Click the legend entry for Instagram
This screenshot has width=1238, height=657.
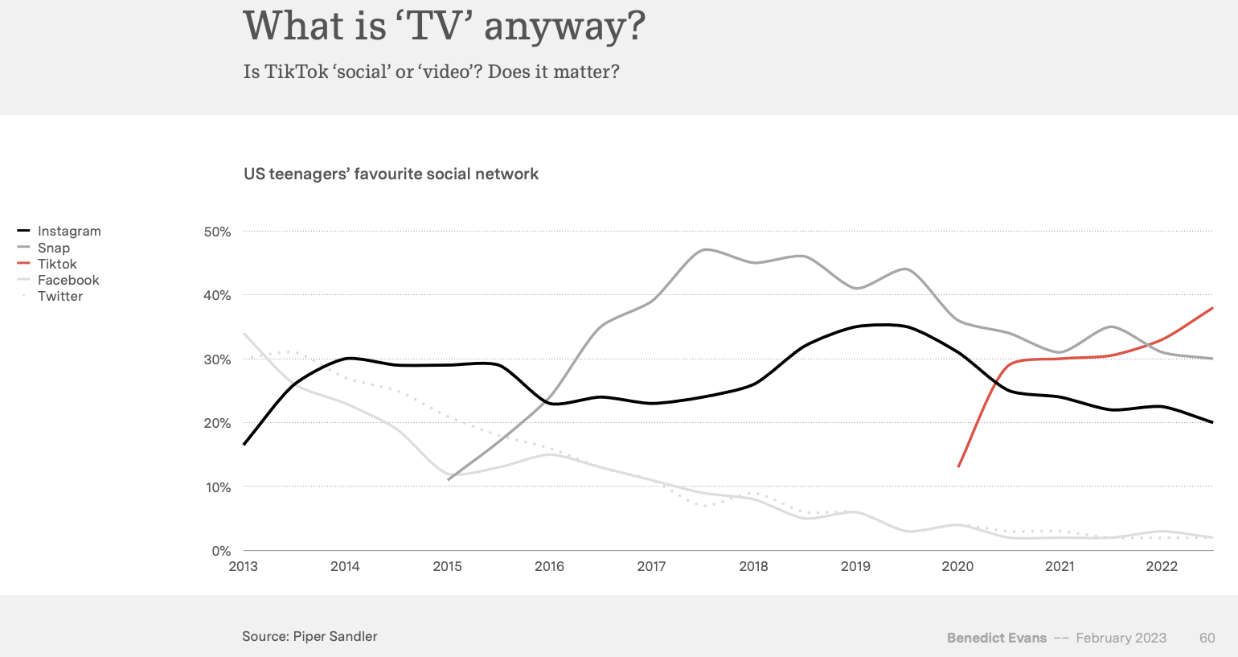(69, 232)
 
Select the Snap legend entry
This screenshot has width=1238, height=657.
(54, 248)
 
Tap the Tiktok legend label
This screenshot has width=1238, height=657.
(57, 264)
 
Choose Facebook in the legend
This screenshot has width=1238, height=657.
(68, 280)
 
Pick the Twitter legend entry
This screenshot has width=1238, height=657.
(60, 296)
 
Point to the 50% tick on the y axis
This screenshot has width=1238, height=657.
(217, 232)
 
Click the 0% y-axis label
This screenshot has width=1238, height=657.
(221, 551)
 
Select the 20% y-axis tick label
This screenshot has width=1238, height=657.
(217, 423)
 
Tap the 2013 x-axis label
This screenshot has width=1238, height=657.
(244, 566)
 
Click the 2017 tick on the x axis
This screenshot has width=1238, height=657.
(651, 566)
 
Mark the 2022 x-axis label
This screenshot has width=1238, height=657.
(1162, 566)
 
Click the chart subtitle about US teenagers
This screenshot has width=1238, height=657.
(391, 174)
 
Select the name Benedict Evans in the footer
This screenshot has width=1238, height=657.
(997, 638)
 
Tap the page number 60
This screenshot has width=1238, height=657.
(1207, 638)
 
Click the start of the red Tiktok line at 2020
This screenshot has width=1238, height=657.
(958, 466)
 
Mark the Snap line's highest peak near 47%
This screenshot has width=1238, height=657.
(705, 249)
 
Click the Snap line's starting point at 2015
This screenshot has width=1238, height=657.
(448, 479)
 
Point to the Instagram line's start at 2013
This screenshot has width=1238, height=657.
(244, 444)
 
